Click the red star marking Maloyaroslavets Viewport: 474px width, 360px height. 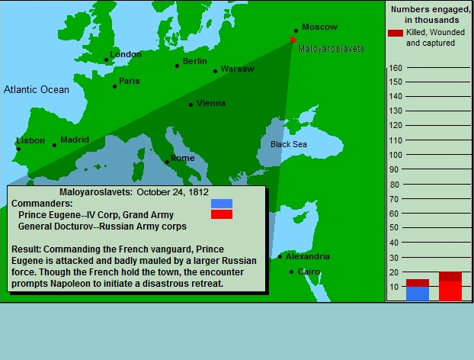click(293, 40)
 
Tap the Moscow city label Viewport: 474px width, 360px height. click(319, 27)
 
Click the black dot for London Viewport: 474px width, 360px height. click(106, 60)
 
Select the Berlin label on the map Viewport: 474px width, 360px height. click(195, 61)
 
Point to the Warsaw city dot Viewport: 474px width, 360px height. click(215, 72)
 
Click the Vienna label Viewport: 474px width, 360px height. click(211, 103)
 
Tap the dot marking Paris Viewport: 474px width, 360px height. click(114, 86)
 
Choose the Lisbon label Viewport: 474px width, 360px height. click(30, 140)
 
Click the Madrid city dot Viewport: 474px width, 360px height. click(54, 145)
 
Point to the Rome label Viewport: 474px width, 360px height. click(183, 158)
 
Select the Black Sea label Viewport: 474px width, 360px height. click(289, 144)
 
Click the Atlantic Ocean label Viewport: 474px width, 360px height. click(37, 89)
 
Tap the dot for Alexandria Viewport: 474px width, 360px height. click(280, 257)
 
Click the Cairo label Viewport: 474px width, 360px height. click(309, 272)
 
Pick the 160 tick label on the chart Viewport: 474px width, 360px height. click(396, 68)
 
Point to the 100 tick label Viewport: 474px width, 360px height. click(396, 155)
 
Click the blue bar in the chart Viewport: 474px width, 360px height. click(418, 294)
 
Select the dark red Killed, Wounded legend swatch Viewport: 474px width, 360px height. click(396, 33)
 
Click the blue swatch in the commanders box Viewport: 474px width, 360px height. click(222, 204)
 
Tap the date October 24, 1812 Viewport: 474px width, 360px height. click(173, 192)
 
